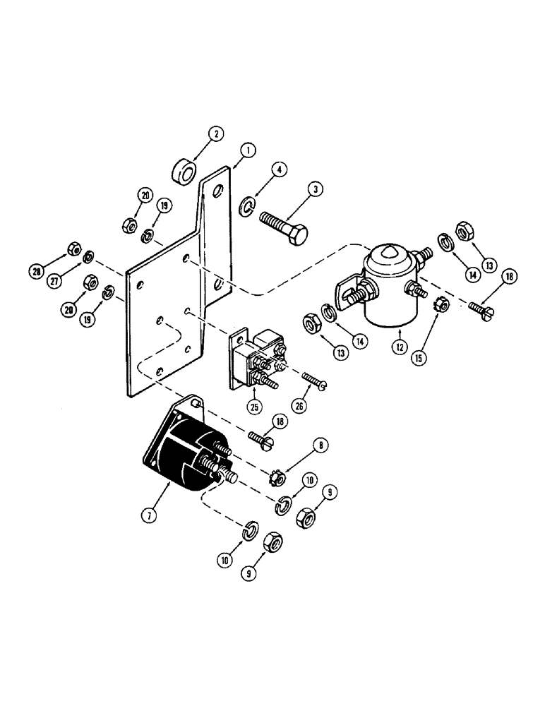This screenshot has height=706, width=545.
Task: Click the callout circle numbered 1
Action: [x=248, y=150]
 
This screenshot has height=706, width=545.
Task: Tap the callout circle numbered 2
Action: [x=198, y=132]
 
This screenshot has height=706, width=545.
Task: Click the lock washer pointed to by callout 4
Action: [x=246, y=206]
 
